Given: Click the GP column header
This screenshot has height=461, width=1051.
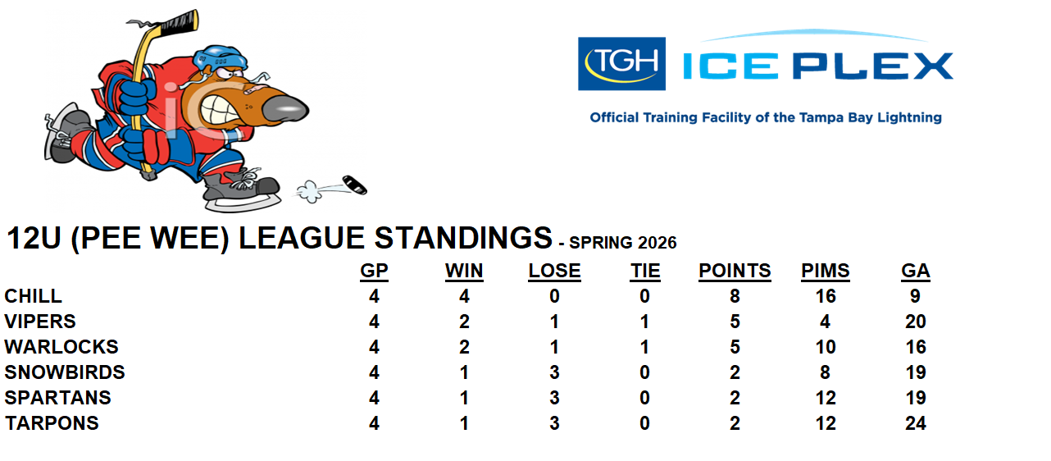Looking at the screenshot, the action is click(x=374, y=271).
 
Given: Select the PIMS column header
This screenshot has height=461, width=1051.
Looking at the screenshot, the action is click(x=826, y=271).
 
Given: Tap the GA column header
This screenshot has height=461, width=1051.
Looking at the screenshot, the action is click(x=916, y=271).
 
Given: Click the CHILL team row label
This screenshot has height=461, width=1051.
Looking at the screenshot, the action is click(x=34, y=296).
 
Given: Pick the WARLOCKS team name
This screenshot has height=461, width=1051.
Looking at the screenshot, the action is click(x=61, y=347).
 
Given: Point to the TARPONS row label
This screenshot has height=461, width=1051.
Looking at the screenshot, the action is click(x=52, y=423).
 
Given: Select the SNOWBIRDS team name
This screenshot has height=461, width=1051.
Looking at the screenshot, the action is click(x=65, y=372).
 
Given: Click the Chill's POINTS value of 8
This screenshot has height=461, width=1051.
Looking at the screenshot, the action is click(x=735, y=296).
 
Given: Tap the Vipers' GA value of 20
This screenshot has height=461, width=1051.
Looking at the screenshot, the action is click(x=916, y=322).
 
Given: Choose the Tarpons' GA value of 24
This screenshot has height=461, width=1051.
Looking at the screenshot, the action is click(x=916, y=423).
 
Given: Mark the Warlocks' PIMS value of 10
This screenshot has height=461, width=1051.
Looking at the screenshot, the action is click(x=826, y=347).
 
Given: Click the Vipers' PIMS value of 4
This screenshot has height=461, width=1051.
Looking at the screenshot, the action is click(x=826, y=322).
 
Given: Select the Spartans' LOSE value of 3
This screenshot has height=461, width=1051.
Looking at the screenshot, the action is click(x=554, y=398).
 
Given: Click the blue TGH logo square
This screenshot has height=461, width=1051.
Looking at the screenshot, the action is click(x=621, y=64).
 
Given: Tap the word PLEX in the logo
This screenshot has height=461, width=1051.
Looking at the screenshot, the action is click(x=873, y=66).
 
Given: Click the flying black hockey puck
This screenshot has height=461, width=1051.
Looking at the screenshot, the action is click(x=355, y=185).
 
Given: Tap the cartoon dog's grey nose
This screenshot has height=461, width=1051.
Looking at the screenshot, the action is click(x=285, y=110).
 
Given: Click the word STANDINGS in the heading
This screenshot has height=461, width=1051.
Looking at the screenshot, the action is click(x=463, y=238).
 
